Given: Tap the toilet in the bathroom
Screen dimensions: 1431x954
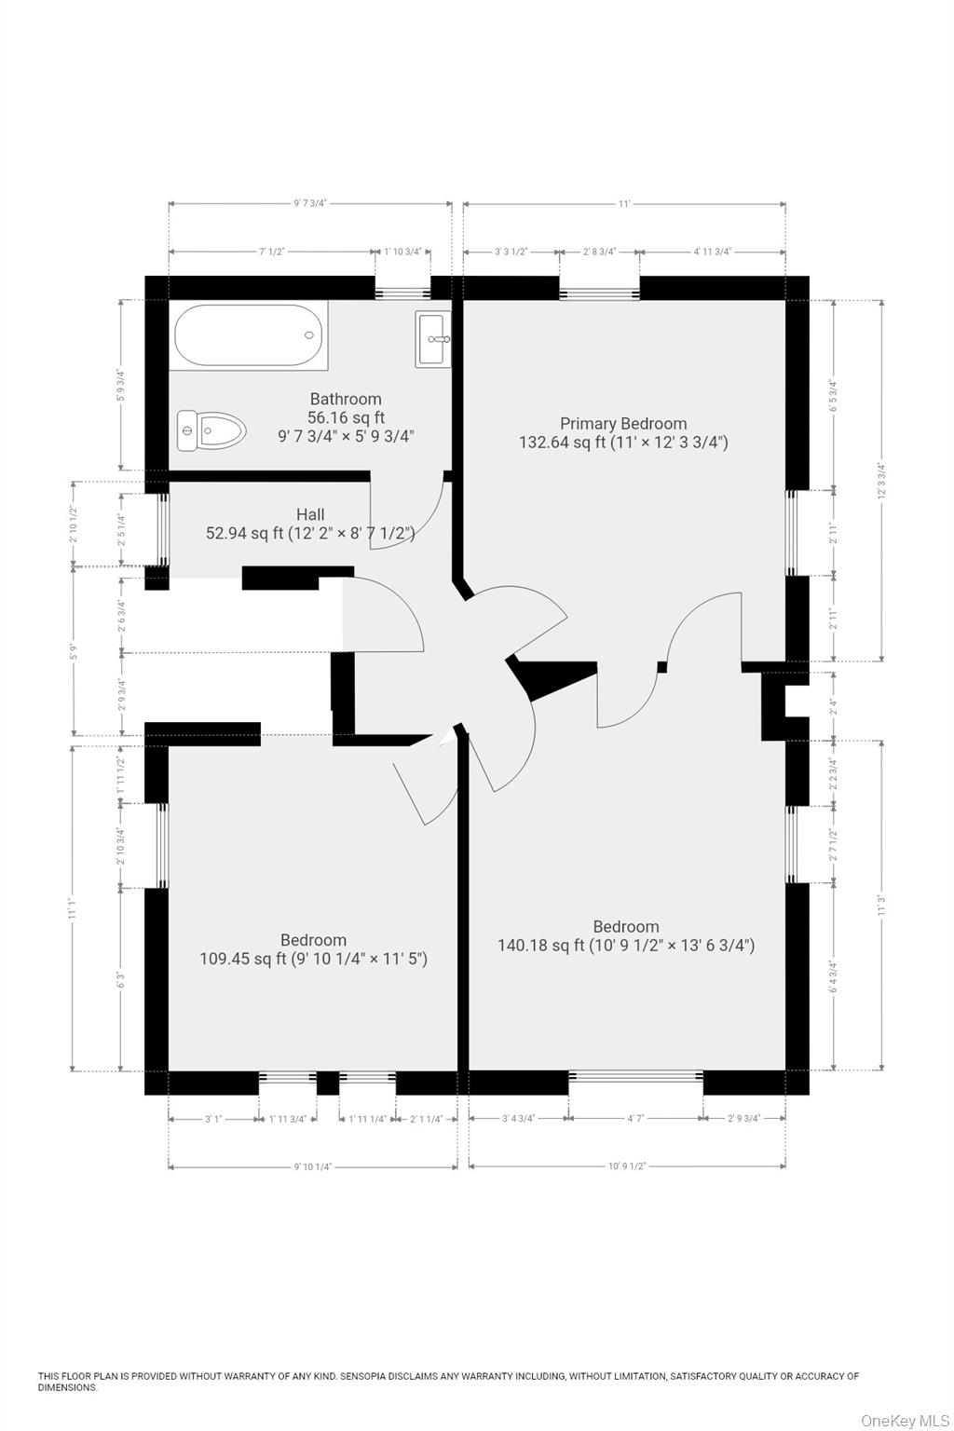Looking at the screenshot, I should click(x=211, y=430).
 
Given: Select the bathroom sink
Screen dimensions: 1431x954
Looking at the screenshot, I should click(x=432, y=339).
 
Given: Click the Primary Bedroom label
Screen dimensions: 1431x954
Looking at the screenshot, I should click(x=623, y=424).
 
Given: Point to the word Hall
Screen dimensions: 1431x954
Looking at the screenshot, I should click(x=310, y=514).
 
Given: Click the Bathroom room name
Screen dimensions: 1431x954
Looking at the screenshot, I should click(x=346, y=399).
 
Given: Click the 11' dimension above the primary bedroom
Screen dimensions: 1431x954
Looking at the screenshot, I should click(x=623, y=203).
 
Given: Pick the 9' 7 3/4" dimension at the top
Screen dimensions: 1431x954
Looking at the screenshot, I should click(x=310, y=203).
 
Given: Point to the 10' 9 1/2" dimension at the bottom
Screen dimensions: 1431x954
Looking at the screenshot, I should click(x=627, y=1165).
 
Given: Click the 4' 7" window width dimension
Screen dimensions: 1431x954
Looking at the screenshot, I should click(x=634, y=1118).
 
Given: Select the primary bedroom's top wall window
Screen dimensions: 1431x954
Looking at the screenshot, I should click(x=599, y=293).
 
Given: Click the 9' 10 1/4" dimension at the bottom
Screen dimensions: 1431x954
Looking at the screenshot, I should click(x=312, y=1165).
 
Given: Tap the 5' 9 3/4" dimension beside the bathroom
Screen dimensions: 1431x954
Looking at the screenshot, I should click(x=120, y=386).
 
